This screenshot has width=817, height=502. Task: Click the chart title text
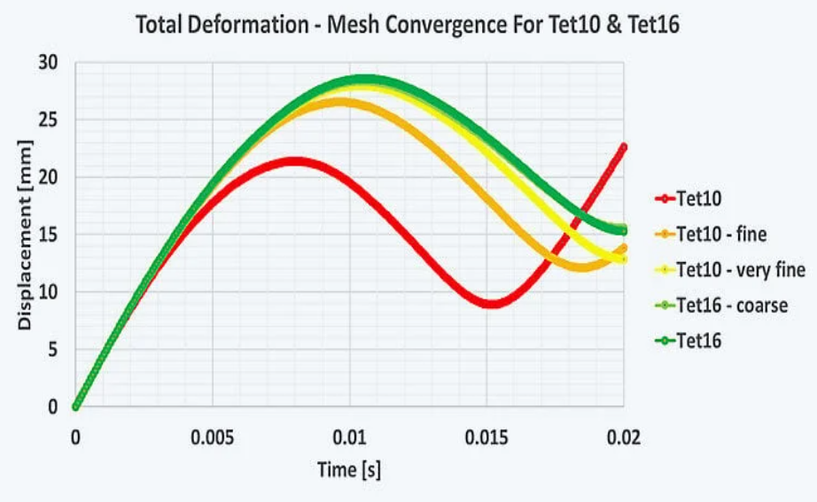coord(408,25)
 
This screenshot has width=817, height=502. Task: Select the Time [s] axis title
coord(349,469)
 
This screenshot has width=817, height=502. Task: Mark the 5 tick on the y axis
coord(52,350)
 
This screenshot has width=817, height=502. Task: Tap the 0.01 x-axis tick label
coord(350,437)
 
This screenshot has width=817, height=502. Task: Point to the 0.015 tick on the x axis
coord(486,437)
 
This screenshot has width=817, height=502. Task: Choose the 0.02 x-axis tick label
coord(624,437)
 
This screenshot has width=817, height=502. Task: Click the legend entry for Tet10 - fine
coord(720,235)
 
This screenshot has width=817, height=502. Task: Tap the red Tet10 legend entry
coord(697,200)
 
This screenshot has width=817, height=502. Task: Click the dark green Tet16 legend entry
coord(697,339)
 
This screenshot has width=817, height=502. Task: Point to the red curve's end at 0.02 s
coord(623,147)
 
